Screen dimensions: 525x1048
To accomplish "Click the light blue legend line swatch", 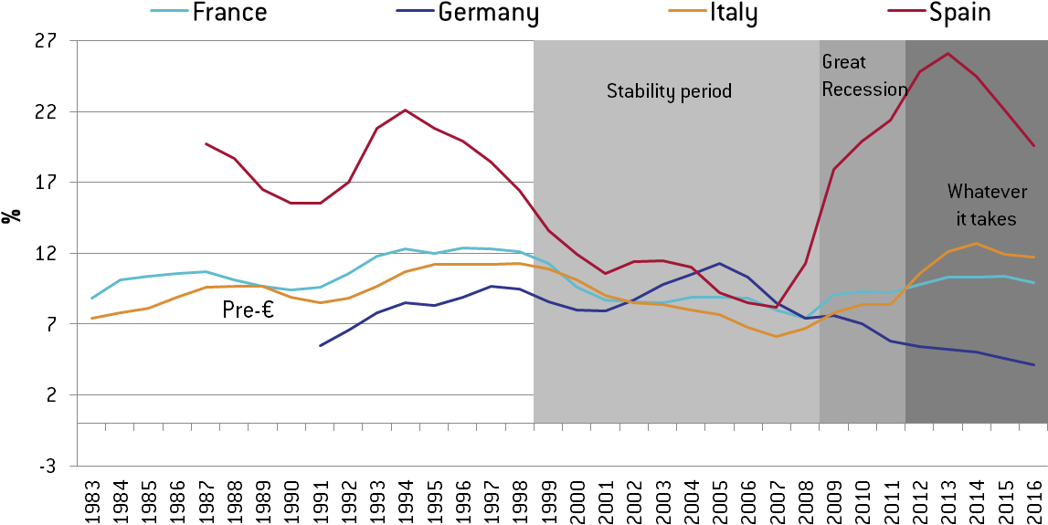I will coord(170,11).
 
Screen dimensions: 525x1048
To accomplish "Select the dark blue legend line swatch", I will coord(417,11).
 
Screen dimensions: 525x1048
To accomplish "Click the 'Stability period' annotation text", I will coord(669,91).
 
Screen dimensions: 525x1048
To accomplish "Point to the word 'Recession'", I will coord(864,89).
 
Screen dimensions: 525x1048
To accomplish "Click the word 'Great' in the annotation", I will coord(843,62).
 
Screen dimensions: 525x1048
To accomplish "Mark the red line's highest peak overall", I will coord(947,53).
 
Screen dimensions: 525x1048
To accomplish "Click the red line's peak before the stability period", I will coord(405,110).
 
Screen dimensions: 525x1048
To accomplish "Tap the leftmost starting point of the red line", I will coord(206,143).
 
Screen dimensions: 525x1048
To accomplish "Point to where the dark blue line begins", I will coord(320,345).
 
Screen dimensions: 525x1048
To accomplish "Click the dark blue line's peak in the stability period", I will coord(719,263).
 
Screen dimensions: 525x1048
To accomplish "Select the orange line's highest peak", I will coord(976,243).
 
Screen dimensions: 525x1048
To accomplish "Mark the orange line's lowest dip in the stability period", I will coord(776,336).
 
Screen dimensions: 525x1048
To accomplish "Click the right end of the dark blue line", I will coord(1033,364).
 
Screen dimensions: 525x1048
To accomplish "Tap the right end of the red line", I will coord(1033,145).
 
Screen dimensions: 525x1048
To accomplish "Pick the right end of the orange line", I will coord(1033,257).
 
